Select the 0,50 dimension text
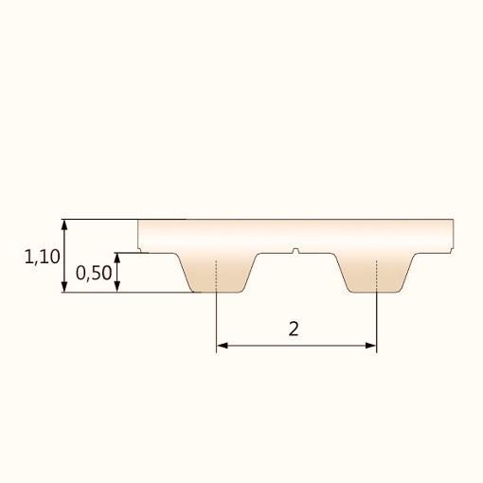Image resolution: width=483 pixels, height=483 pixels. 93,273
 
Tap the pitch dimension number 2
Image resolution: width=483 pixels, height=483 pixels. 294,330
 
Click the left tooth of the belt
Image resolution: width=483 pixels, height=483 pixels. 217,274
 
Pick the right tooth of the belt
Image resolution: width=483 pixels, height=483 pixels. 377,274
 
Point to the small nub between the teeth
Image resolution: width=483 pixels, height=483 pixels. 296,251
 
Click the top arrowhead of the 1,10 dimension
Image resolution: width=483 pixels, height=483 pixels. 64,224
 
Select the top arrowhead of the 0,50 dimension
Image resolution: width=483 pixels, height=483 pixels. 117,257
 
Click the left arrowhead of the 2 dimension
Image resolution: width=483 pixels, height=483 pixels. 223,347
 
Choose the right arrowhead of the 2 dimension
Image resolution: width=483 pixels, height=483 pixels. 371,347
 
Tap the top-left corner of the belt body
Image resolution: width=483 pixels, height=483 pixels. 138,221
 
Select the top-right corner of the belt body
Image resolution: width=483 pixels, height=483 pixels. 454,221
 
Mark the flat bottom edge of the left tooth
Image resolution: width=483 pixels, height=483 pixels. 217,293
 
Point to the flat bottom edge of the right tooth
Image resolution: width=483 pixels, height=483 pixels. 377,293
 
